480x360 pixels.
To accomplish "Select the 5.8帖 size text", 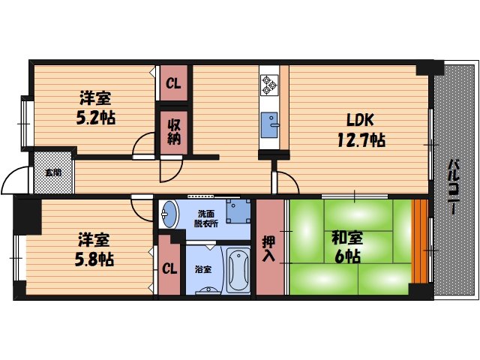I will [x=95, y=259].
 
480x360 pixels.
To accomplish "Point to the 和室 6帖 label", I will [x=346, y=247].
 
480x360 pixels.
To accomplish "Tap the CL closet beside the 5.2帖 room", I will [x=172, y=83].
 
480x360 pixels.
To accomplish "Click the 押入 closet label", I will [x=270, y=248].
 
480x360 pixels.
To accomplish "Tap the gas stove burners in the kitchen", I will [x=269, y=84].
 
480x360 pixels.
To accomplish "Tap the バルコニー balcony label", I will [x=454, y=187].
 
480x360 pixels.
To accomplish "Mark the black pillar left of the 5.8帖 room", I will [x=28, y=214].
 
